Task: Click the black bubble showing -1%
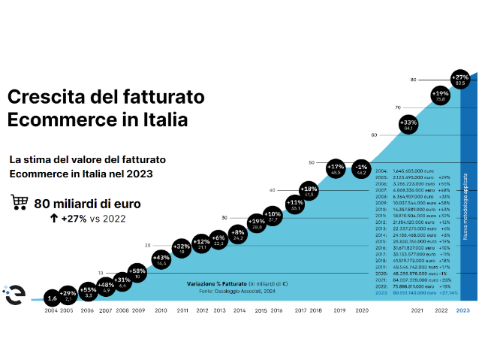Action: pos(361,169)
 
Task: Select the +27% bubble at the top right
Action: pos(460,79)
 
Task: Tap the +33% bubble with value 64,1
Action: pos(409,124)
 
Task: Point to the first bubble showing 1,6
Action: pos(51,298)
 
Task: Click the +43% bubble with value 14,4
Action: pos(161,260)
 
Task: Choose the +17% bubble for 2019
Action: pos(336,169)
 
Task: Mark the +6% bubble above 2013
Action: pos(219,240)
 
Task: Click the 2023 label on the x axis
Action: pos(462,310)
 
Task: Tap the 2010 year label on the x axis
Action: pos(161,310)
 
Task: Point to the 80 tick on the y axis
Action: pos(413,80)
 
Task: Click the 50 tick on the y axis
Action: pos(311,162)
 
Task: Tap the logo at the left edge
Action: pos(13,295)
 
